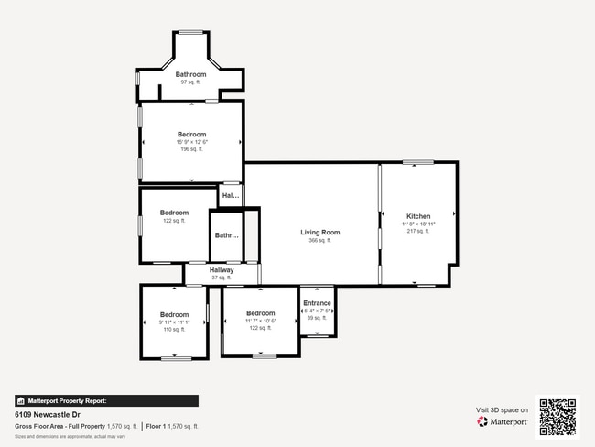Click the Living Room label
(320, 233)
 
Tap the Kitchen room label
(418, 217)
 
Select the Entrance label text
(317, 303)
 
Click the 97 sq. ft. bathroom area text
(190, 82)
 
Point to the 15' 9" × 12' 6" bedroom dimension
(192, 142)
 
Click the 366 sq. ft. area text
(320, 241)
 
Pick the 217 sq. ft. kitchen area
(418, 232)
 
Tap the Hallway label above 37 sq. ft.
(222, 270)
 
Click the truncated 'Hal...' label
(231, 195)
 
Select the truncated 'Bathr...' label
(226, 235)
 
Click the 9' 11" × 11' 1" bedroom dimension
(174, 322)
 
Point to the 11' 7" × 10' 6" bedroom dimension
(261, 322)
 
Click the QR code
(557, 416)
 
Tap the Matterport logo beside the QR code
(503, 422)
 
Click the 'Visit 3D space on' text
(503, 409)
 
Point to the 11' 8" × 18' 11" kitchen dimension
(418, 224)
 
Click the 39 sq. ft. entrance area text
(317, 318)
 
